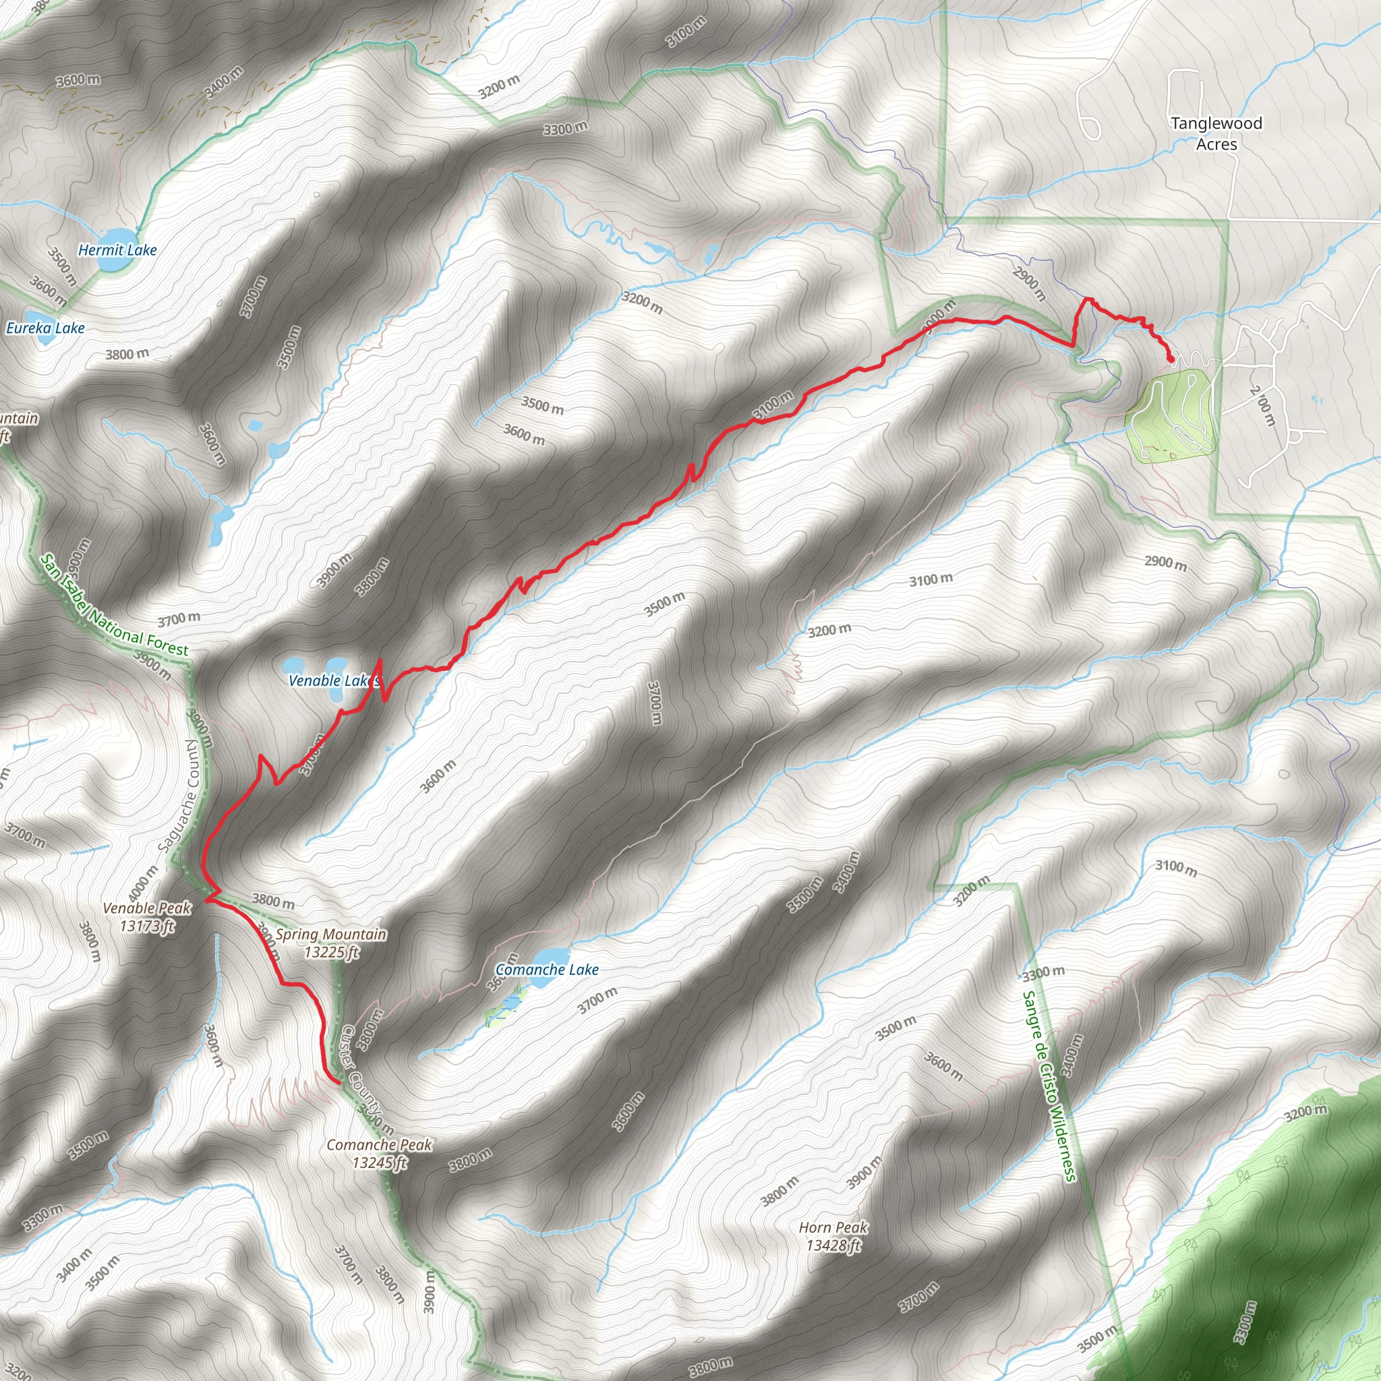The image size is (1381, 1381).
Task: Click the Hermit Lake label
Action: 117,250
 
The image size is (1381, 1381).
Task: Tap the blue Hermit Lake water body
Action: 115,239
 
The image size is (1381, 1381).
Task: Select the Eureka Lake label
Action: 45,328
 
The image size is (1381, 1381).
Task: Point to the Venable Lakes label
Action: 332,680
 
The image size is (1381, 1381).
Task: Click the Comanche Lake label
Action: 547,970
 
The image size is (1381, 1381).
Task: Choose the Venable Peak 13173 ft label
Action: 146,917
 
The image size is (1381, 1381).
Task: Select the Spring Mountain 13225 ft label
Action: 331,943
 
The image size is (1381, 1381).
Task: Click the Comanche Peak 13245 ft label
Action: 379,1154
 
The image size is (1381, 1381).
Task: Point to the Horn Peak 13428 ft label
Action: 833,1237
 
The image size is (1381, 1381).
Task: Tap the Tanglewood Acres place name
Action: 1216,134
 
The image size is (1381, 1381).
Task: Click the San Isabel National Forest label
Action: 115,606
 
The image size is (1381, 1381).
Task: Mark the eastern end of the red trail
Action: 1171,360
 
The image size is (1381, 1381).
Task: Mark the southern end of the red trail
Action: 337,1083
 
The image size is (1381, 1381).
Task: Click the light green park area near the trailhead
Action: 1171,416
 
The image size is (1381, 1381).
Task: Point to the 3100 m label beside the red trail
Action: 773,405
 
